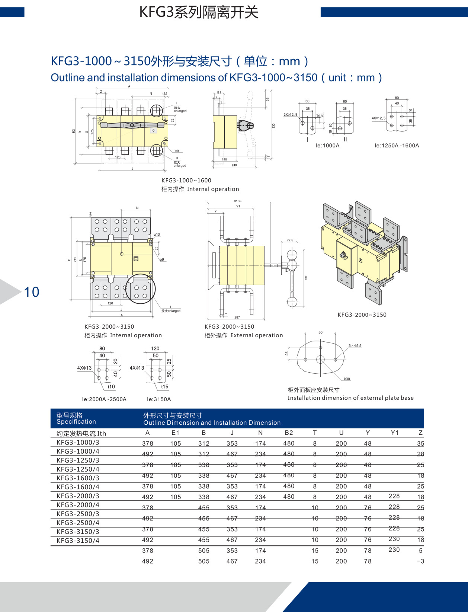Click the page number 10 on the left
pos(32,292)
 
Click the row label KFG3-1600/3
pos(78,478)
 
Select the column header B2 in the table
pos(289,433)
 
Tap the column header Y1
pos(394,433)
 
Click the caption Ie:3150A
pos(159,399)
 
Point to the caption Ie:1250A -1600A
pos(397,146)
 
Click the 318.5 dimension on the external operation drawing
pos(238,201)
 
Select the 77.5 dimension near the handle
pos(290,240)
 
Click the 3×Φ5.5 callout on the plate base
pos(355,346)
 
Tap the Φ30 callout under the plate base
pos(347,379)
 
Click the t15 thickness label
pos(164,387)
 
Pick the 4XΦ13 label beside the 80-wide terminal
pos(84,368)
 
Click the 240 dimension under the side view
pos(234,165)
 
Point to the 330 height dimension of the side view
pos(273,126)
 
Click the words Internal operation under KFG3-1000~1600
pos(213,189)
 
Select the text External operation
pos(257,335)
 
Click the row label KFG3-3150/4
pos(78,541)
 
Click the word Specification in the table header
pos(76,421)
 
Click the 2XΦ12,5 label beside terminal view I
pos(290,115)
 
